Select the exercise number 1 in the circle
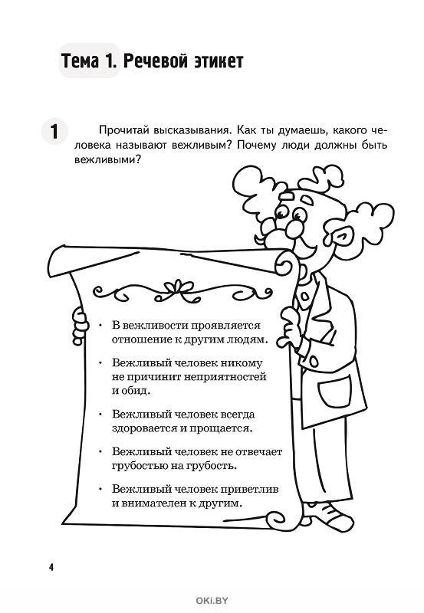click(x=54, y=131)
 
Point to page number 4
click(x=51, y=567)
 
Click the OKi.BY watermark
click(x=212, y=601)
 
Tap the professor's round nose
click(x=294, y=230)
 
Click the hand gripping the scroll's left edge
click(x=81, y=326)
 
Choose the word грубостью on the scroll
click(x=139, y=467)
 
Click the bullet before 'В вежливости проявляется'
click(x=101, y=325)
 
